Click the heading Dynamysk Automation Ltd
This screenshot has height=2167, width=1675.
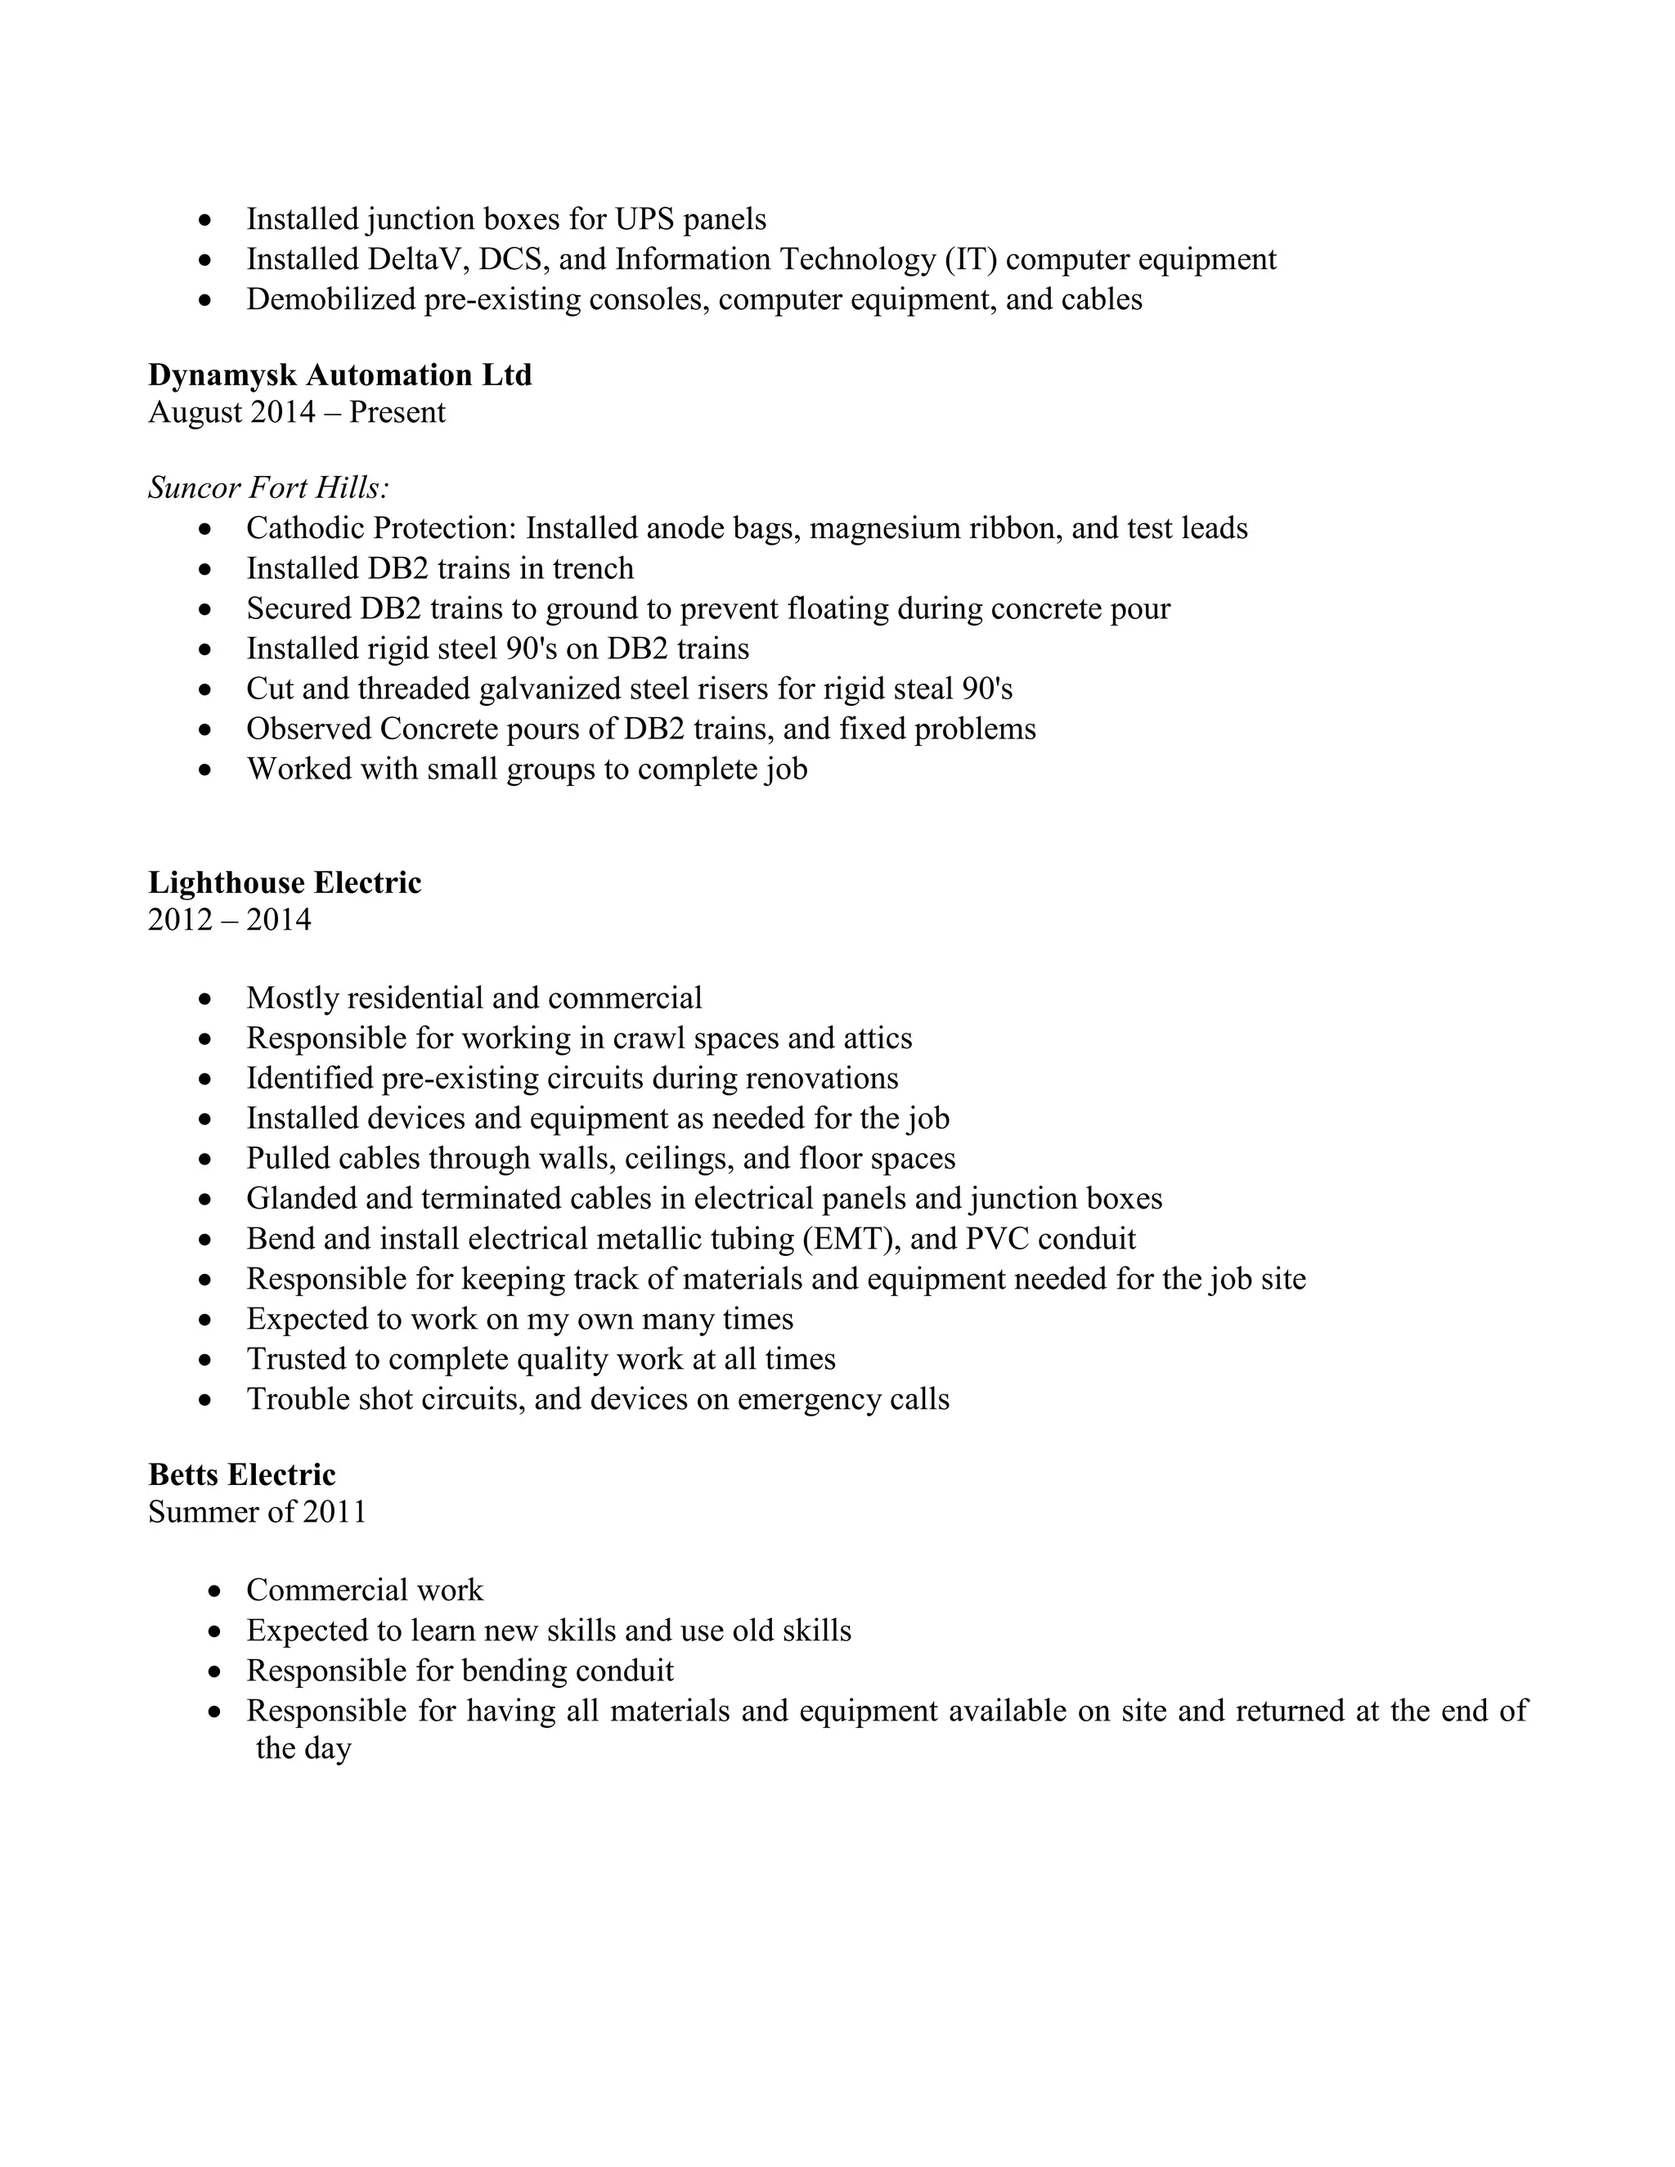tap(339, 375)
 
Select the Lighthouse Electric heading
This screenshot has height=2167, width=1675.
tap(285, 883)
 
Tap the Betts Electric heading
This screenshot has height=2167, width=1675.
tap(242, 1474)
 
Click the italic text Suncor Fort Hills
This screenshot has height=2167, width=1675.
tap(268, 488)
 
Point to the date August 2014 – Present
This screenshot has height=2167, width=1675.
tap(297, 413)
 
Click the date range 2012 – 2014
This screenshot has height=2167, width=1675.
tap(229, 921)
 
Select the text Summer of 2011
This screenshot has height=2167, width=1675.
tap(257, 1512)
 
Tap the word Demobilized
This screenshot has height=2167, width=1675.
tap(330, 299)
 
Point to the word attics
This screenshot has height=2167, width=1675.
tap(878, 1039)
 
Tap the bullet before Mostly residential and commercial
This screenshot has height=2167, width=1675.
tap(205, 999)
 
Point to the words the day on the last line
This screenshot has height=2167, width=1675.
tap(303, 1748)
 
